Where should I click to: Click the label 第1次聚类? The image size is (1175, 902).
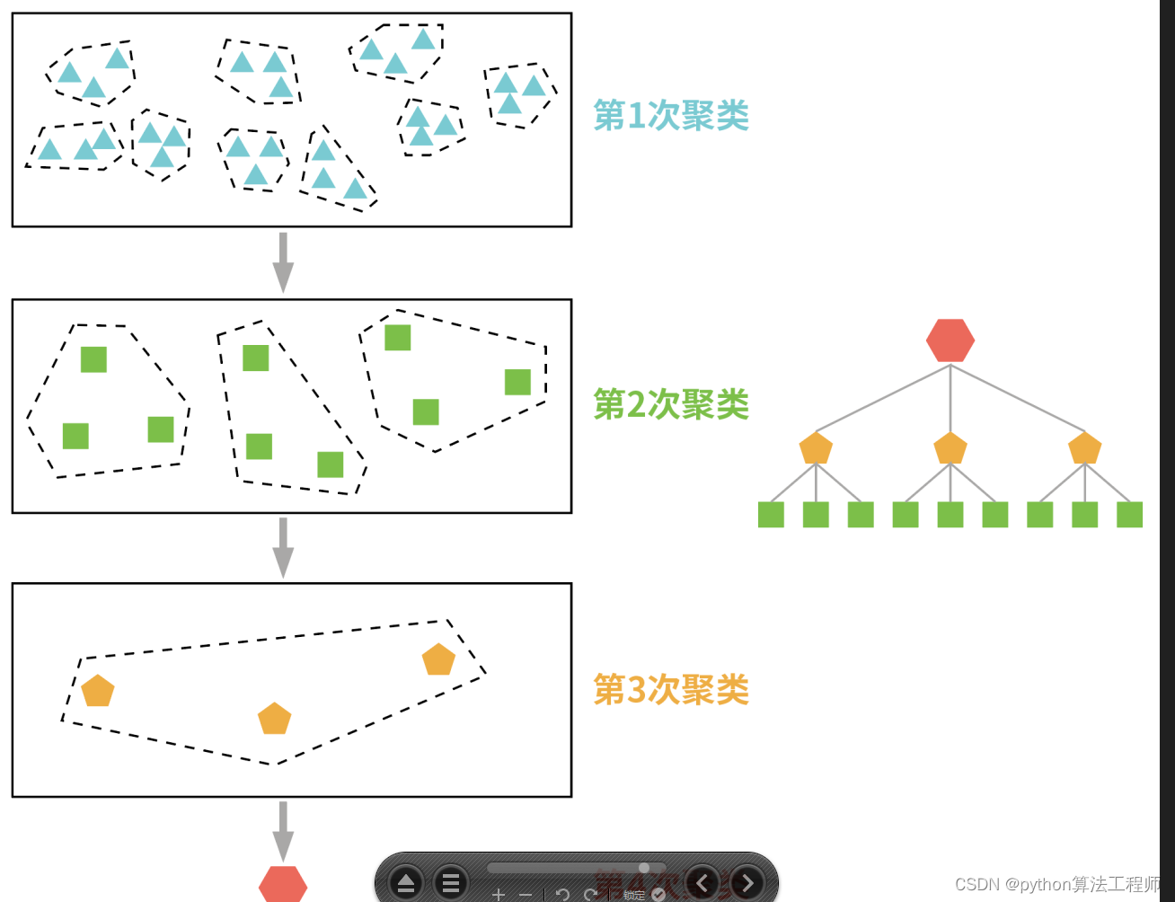pos(671,115)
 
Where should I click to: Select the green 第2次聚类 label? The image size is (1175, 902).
pos(671,404)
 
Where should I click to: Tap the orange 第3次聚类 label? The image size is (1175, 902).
pos(671,690)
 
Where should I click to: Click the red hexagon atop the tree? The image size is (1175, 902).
pos(950,340)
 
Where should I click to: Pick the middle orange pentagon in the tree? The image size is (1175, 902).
pos(950,447)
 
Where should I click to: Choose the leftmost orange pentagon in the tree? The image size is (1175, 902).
pos(816,447)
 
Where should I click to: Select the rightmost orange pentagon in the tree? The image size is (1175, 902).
pos(1085,447)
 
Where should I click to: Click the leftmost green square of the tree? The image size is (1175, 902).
pos(771,515)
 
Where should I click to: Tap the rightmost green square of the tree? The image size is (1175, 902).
pos(1129,515)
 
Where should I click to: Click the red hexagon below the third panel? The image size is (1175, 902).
pos(283,885)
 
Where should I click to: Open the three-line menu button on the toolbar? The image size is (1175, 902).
pos(451,883)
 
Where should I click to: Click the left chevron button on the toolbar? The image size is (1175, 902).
pos(702,883)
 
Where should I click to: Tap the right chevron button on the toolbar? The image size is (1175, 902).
pos(747,883)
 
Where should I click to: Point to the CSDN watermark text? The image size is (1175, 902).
pos(1056,885)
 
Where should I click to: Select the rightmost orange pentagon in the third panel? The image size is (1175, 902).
pos(438,660)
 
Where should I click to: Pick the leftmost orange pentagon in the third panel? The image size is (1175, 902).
pos(98,691)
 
